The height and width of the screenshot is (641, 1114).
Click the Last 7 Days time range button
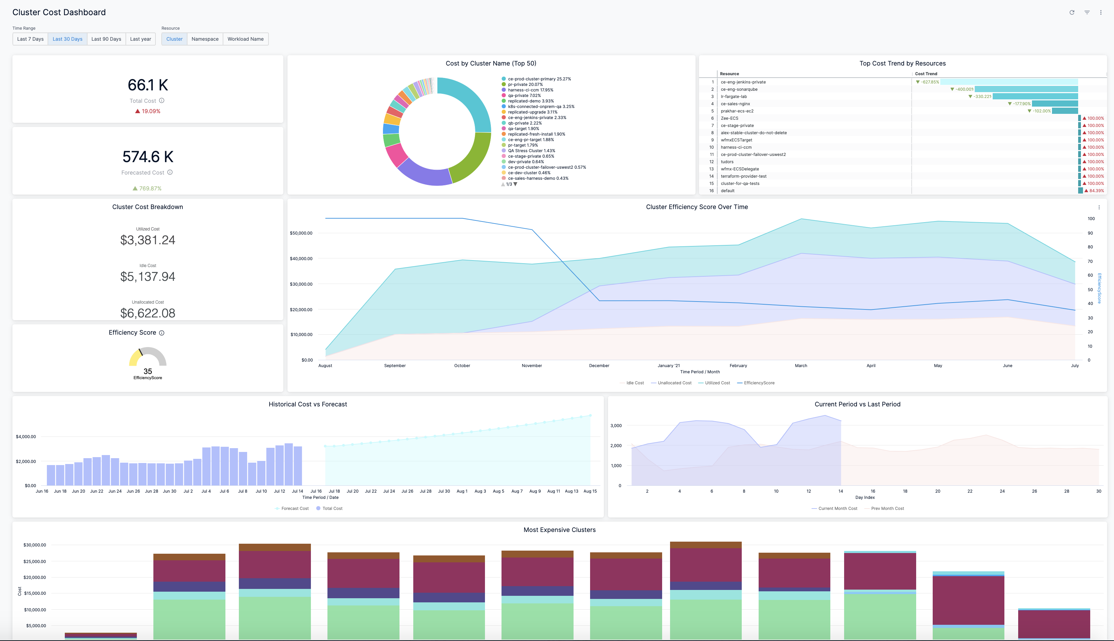pos(30,39)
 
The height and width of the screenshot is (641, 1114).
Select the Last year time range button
pos(140,39)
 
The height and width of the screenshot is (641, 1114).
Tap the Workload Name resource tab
pos(245,39)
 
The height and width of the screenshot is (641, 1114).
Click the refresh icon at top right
pos(1072,12)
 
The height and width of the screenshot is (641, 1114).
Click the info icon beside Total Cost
pos(162,100)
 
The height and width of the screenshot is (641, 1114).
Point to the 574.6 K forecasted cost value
pos(148,157)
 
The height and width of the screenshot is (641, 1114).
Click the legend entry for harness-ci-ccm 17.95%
pos(530,90)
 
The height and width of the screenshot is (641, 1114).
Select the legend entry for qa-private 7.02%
pos(524,96)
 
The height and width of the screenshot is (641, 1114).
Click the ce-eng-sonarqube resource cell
pos(739,89)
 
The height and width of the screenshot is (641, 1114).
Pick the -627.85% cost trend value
pos(930,82)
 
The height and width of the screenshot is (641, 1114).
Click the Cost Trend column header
pos(926,74)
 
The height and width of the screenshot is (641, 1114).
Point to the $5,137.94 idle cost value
pos(148,276)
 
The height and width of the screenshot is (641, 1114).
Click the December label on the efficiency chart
pos(599,366)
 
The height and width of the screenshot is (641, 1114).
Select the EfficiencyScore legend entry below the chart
pos(759,383)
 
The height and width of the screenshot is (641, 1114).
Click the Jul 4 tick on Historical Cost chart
pos(206,491)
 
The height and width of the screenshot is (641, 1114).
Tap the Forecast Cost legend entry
pos(295,509)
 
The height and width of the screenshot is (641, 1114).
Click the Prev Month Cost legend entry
pos(887,509)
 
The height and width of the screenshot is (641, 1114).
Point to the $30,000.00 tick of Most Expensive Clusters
pos(35,545)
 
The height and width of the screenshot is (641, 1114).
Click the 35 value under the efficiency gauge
pos(148,371)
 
